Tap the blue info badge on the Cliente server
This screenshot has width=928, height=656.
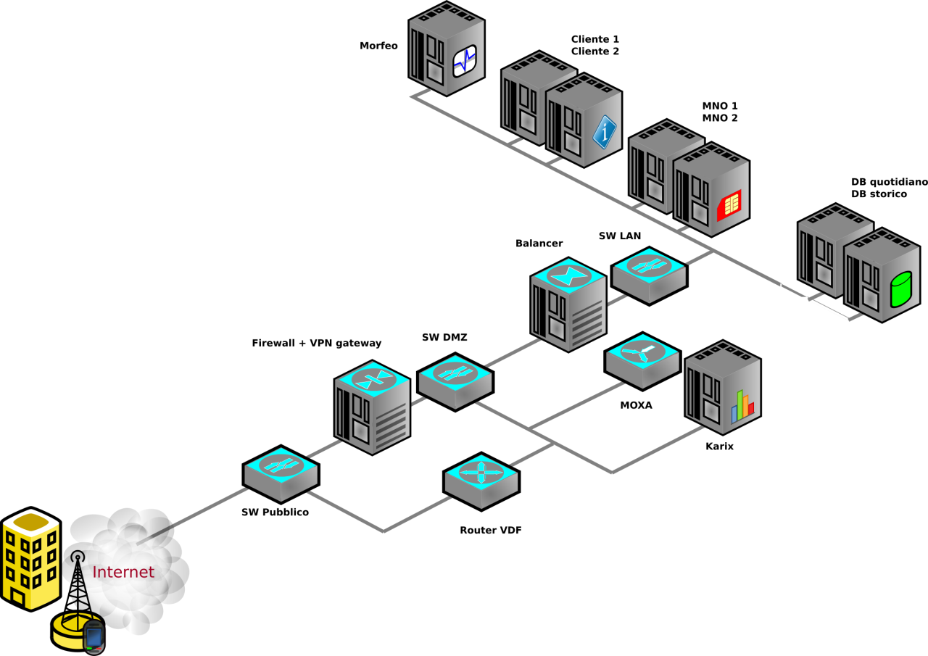(605, 133)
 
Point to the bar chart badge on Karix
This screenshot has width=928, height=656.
(742, 407)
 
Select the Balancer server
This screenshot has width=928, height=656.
(568, 304)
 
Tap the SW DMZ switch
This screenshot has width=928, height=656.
(455, 382)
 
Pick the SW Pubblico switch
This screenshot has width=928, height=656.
(281, 474)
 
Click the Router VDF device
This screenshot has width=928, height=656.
(481, 481)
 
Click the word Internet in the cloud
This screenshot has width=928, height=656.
(123, 572)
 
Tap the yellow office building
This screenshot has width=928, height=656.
(30, 557)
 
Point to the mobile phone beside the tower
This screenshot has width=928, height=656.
(94, 637)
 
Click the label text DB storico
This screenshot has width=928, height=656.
(879, 194)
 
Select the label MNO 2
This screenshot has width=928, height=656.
(719, 117)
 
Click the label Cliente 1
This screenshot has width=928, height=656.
(595, 39)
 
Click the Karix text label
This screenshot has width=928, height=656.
(719, 447)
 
